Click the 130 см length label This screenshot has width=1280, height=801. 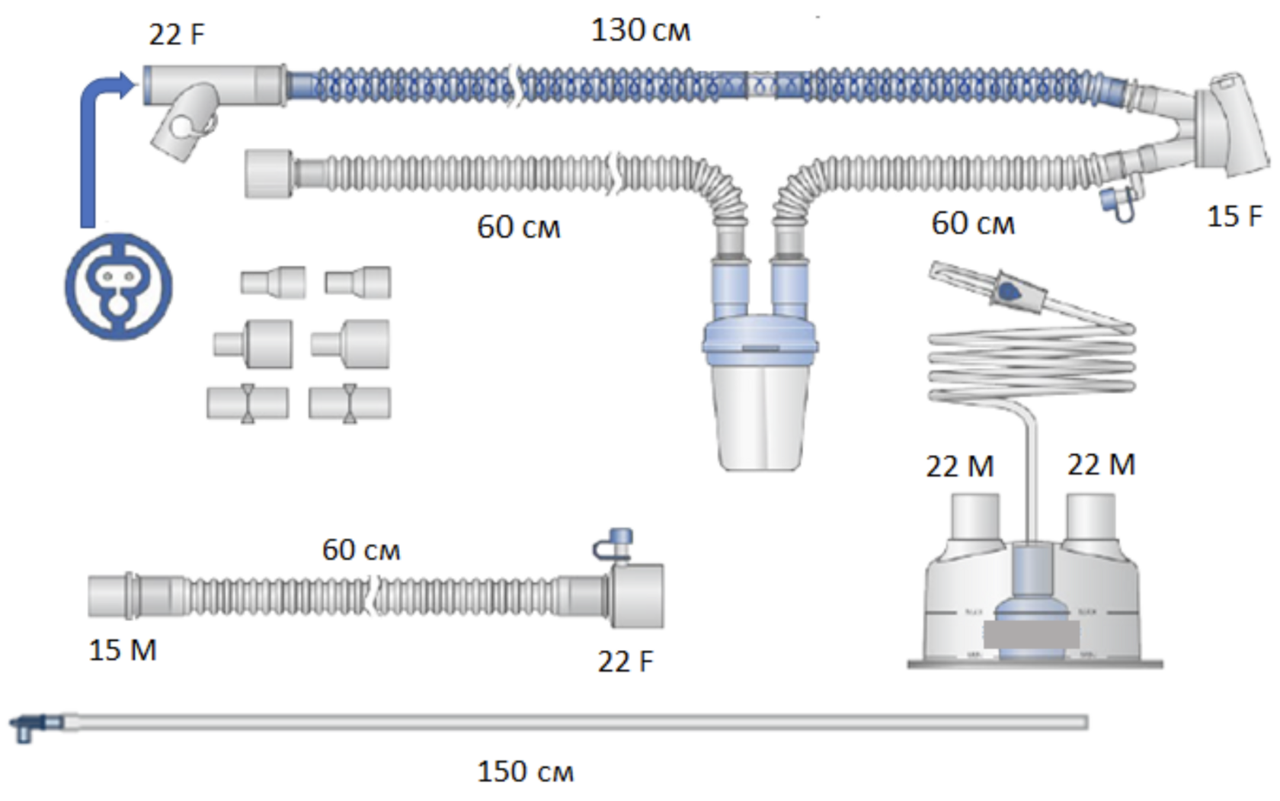pyautogui.click(x=641, y=31)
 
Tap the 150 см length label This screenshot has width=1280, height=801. pyautogui.click(x=525, y=772)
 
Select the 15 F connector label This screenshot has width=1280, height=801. pyautogui.click(x=1234, y=217)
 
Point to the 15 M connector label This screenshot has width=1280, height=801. pyautogui.click(x=123, y=650)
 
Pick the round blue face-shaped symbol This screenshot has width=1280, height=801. pyautogui.click(x=118, y=287)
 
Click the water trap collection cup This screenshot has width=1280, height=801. pyautogui.click(x=759, y=415)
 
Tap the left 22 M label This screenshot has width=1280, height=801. pyautogui.click(x=959, y=466)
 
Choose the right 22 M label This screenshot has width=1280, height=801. pyautogui.click(x=1101, y=465)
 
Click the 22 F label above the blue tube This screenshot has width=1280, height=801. pyautogui.click(x=176, y=35)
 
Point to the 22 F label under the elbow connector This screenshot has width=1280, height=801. pyautogui.click(x=625, y=662)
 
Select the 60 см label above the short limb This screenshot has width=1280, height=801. pyautogui.click(x=360, y=550)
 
